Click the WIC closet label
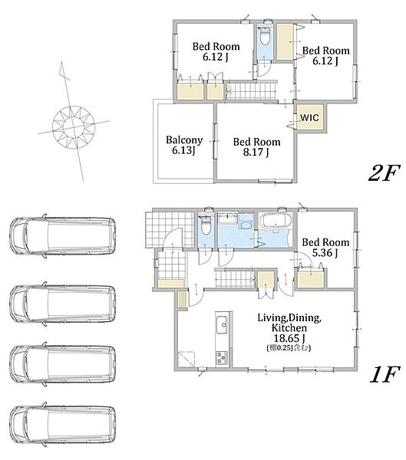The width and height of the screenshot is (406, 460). (x=309, y=117)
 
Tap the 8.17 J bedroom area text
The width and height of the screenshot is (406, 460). (x=256, y=153)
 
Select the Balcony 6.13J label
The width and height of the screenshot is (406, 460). (x=184, y=145)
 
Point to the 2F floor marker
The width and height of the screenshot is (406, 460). (x=385, y=173)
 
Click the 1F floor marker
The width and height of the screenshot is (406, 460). (x=385, y=374)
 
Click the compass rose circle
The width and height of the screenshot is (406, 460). (x=74, y=127)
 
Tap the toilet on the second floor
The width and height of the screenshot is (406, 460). (x=265, y=36)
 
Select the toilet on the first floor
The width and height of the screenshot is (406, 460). (x=206, y=225)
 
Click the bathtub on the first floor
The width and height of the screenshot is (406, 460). (x=277, y=221)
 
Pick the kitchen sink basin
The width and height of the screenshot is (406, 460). (x=222, y=324)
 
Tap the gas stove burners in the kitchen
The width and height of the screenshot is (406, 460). (x=222, y=357)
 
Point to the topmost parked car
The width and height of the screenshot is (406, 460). (x=63, y=236)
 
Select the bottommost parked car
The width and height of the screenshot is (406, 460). (x=63, y=425)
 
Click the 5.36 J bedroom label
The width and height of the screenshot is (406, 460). (x=325, y=248)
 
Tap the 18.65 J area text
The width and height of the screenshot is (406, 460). (x=289, y=338)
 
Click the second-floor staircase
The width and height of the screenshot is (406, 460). (x=252, y=90)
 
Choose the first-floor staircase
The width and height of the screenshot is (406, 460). (x=236, y=278)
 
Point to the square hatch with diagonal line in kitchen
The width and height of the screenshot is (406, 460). (x=186, y=359)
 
